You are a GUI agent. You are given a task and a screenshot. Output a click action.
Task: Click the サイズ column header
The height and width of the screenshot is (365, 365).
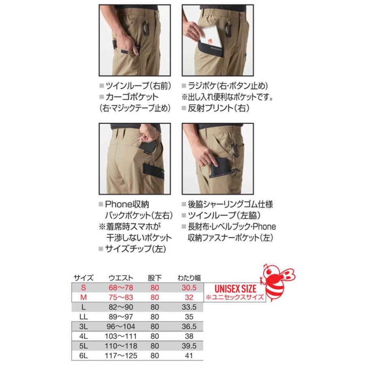[x=84, y=278]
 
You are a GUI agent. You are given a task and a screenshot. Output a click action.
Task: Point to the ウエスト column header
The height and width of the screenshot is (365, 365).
[x=121, y=278]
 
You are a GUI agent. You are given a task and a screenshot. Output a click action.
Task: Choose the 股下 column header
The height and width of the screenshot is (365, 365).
[x=154, y=278]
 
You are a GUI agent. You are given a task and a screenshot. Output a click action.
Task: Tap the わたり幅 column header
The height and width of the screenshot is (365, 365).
[x=187, y=278]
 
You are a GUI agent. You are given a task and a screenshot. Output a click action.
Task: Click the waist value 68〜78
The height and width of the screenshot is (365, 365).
[x=121, y=288]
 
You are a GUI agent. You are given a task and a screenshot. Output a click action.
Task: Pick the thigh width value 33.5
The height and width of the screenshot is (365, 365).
[x=187, y=307]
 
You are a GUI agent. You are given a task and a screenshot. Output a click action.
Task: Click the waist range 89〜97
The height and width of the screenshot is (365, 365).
[x=121, y=317]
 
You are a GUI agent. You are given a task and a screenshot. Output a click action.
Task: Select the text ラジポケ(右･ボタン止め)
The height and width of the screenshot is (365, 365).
[x=227, y=86]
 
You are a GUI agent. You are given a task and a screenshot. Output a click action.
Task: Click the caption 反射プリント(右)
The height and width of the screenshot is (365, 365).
[x=218, y=108]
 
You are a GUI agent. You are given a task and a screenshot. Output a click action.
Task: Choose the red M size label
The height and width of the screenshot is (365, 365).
[x=84, y=297]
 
